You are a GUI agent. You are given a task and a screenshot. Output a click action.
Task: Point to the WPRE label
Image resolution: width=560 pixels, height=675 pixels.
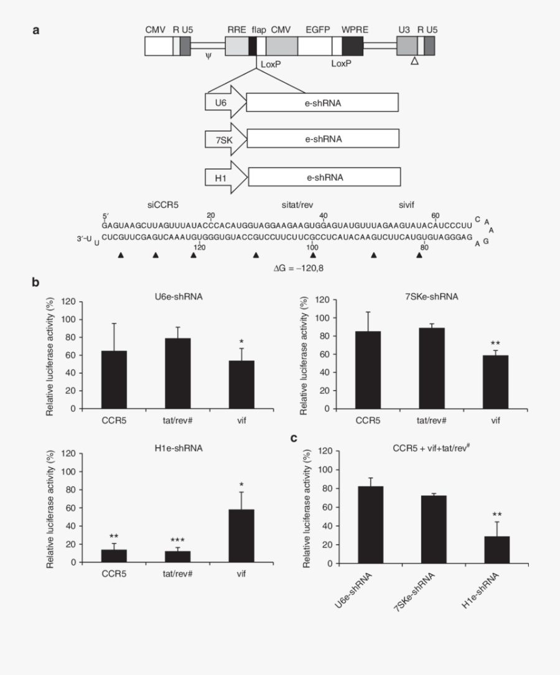352,29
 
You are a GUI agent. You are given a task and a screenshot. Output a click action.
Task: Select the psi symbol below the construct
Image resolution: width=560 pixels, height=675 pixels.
208,56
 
